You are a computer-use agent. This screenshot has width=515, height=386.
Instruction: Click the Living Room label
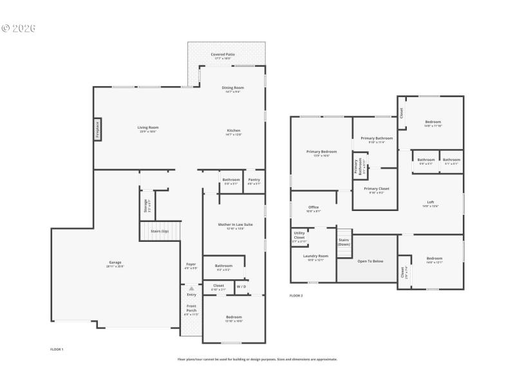point(147,128)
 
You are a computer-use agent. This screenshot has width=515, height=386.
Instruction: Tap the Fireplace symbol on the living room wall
point(98,130)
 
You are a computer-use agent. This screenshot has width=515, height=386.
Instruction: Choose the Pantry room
point(254,181)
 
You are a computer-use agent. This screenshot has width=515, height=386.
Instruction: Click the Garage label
point(115,264)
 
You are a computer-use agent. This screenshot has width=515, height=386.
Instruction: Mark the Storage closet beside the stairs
point(145,205)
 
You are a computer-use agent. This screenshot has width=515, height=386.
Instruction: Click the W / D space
point(240,286)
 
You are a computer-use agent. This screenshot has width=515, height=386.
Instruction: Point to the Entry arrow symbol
point(191,289)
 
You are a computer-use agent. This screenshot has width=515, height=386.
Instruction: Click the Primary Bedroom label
point(321,153)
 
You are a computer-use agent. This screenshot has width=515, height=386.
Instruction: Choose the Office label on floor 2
point(314,208)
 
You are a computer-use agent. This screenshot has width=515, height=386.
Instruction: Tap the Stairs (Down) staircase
point(344,242)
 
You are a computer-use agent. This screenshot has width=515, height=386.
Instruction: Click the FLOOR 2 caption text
point(296,295)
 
